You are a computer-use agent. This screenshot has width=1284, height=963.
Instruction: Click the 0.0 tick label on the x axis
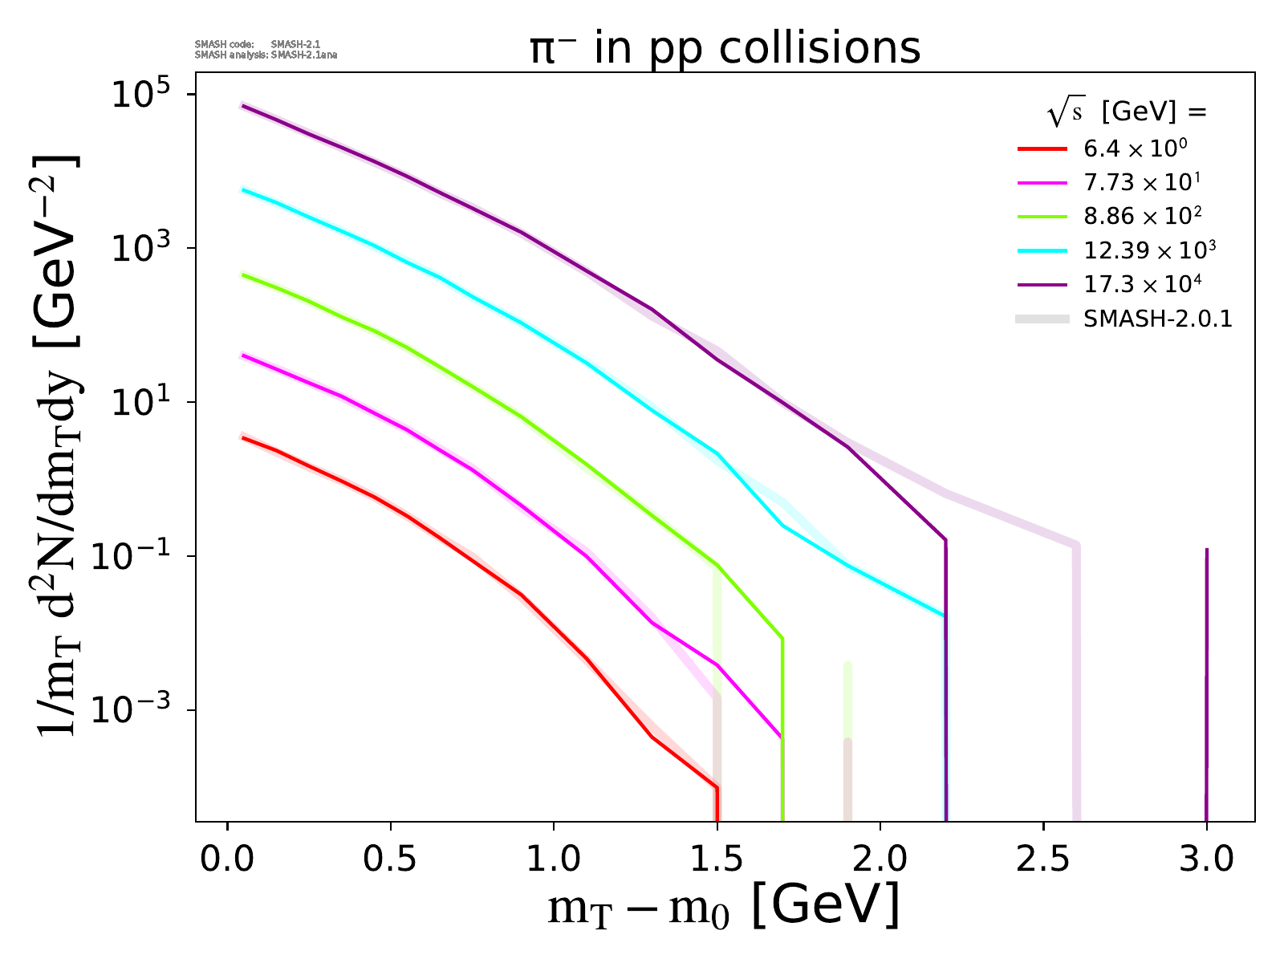228,859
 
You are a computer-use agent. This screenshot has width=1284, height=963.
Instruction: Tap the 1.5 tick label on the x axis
717,859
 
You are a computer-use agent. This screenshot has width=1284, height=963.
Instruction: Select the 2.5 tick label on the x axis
1043,859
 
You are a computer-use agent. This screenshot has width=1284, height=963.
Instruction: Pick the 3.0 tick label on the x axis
1206,859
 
